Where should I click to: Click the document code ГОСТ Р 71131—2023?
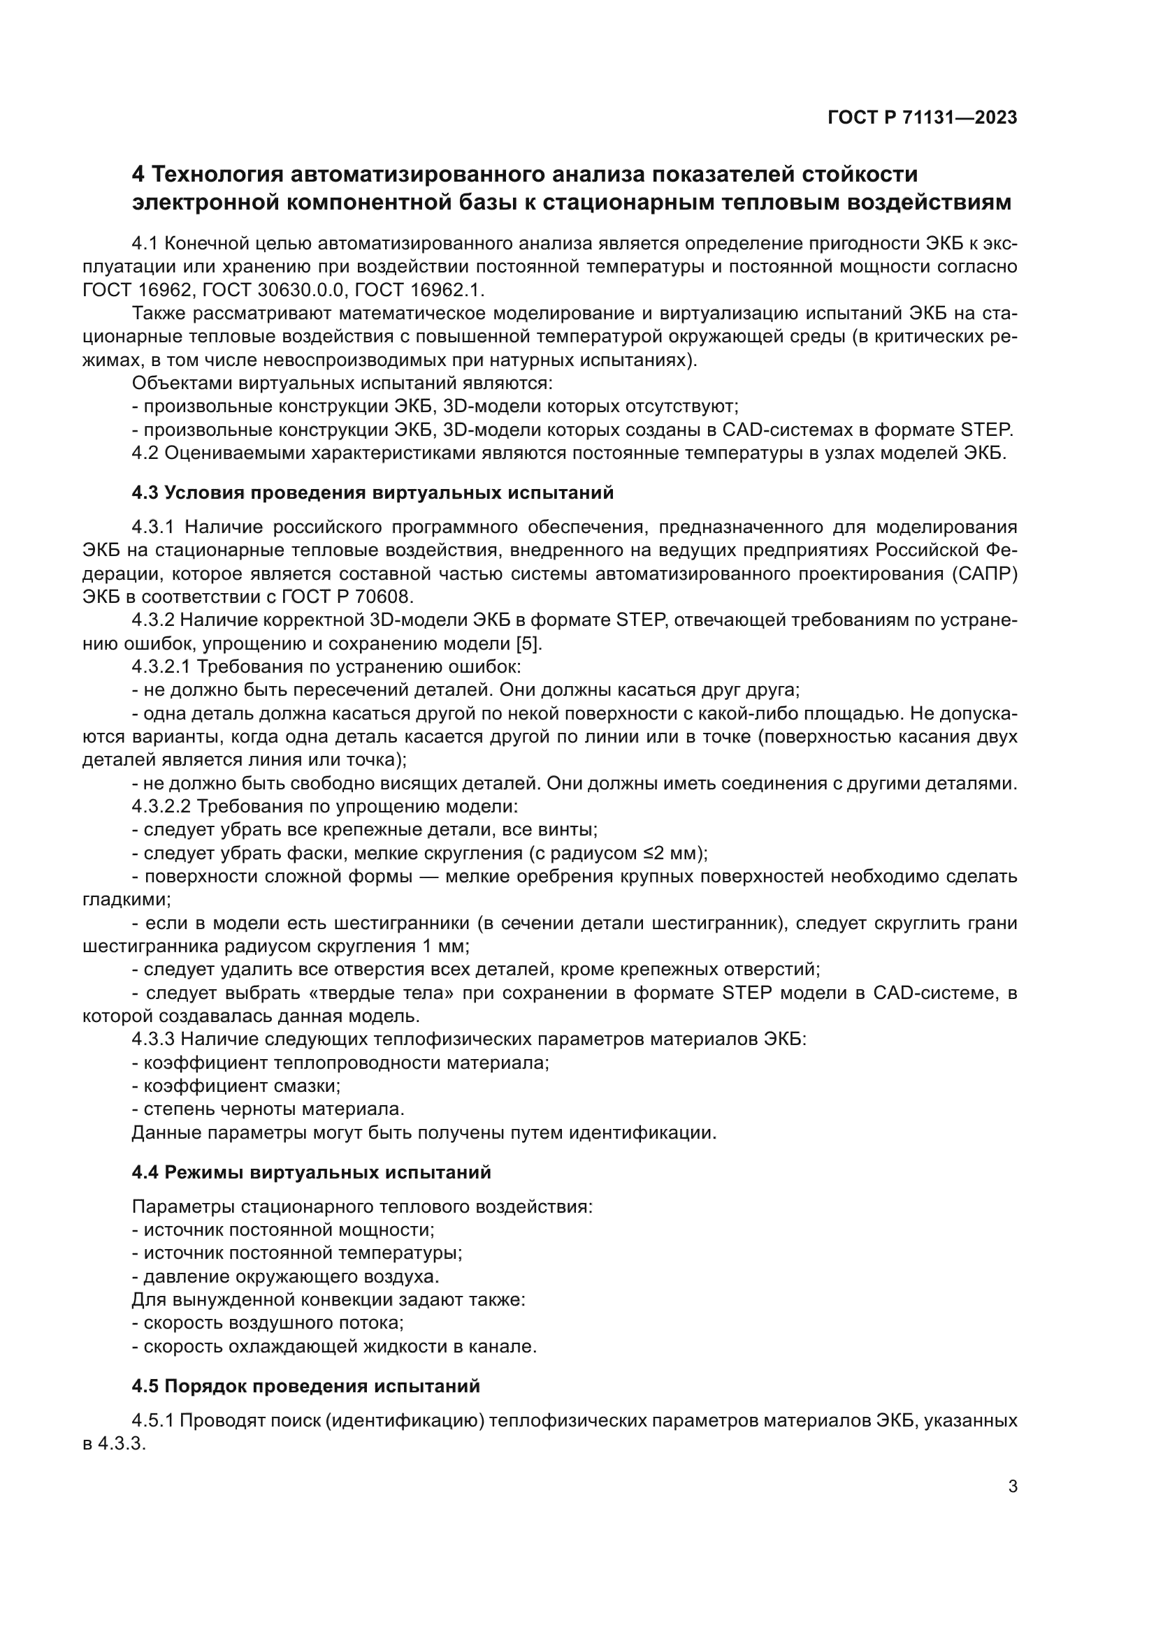[x=923, y=118]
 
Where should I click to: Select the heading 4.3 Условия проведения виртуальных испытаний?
[x=373, y=493]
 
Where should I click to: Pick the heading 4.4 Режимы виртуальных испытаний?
[x=311, y=1172]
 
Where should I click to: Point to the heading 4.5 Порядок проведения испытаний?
[x=305, y=1386]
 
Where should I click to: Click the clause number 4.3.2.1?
[x=161, y=667]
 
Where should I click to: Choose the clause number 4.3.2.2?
[x=161, y=807]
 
